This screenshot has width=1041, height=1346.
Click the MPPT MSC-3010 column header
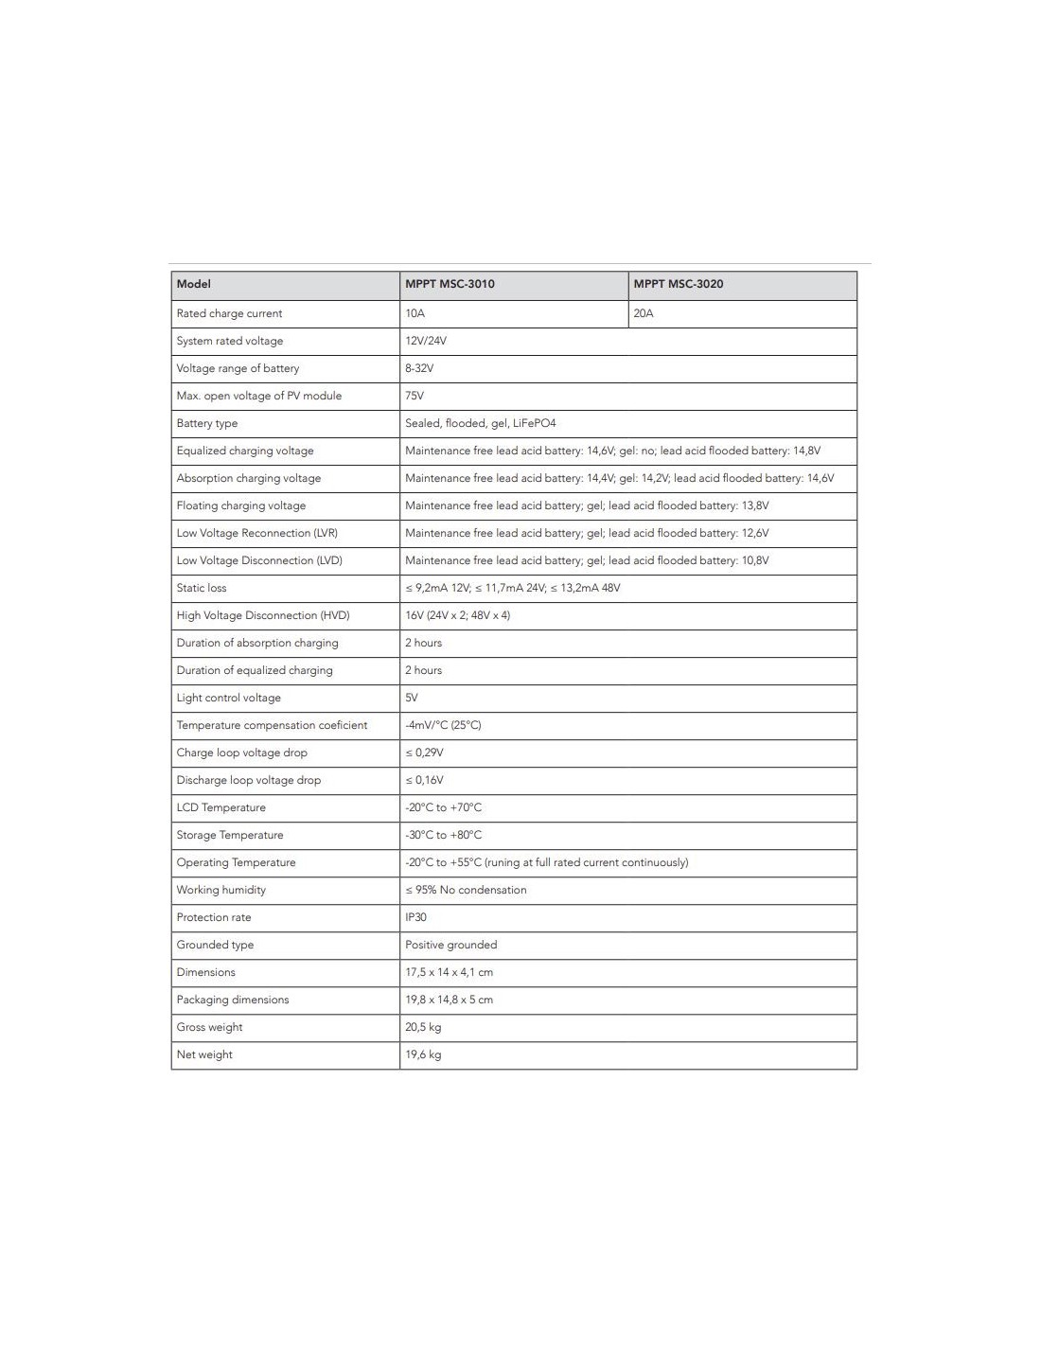pos(450,284)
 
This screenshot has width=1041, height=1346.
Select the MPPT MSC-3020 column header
pos(678,284)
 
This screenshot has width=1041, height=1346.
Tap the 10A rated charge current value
pos(415,313)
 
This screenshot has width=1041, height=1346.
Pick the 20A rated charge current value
pos(644,313)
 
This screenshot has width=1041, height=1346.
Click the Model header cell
pos(193,284)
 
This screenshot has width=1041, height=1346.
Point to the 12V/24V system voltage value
pos(425,341)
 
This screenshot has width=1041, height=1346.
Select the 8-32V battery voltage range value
pos(419,368)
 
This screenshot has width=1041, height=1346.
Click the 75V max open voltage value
pos(415,396)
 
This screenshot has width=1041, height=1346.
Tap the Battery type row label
pos(206,423)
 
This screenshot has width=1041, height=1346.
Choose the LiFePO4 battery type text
pos(535,423)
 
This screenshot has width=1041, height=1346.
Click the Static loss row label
pos(202,588)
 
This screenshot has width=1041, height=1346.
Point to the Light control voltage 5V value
pos(412,698)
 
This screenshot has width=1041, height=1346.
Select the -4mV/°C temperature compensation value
pos(443,725)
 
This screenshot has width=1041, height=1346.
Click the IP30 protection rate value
pos(415,917)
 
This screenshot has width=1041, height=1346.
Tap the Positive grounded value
pos(450,945)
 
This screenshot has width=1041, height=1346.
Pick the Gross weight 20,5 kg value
pos(423,1027)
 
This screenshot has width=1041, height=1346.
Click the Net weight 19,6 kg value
pos(423,1054)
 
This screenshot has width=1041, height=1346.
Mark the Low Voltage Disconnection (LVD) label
pos(259,560)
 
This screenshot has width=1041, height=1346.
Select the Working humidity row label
pos(221,890)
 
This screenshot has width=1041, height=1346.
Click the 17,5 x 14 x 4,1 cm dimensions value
pos(449,972)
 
